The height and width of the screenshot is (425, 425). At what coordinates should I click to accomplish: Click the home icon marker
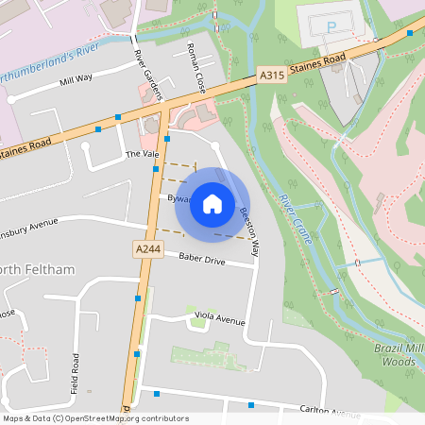[x=212, y=203]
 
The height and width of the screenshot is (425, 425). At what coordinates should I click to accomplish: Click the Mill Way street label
[x=76, y=81]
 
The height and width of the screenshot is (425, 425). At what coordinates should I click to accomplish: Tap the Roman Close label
[x=195, y=68]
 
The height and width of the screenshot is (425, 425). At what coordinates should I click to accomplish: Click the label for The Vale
[x=139, y=153]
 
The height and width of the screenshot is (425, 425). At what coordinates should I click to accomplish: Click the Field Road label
[x=75, y=374]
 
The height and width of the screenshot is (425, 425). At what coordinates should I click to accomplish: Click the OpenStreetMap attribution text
[x=95, y=418]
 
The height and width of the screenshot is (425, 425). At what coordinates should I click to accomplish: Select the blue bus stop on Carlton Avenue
[x=251, y=405]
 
